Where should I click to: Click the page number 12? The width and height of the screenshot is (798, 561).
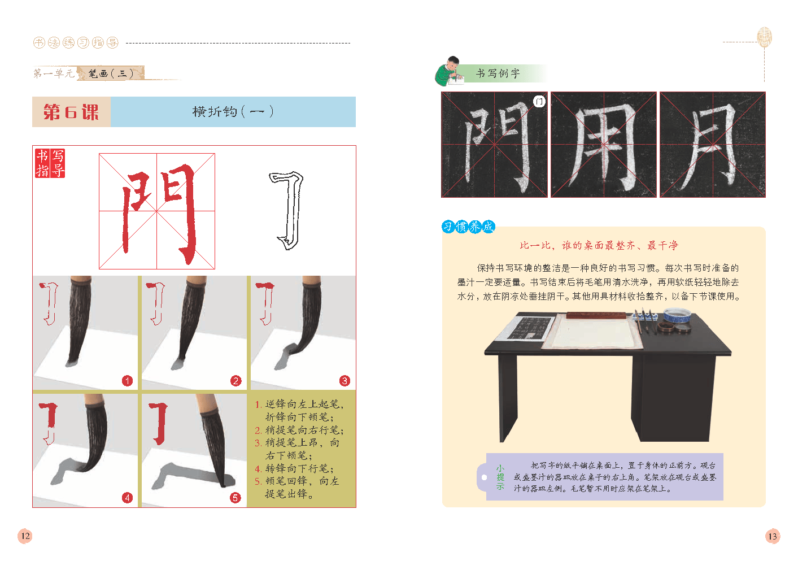point(25,536)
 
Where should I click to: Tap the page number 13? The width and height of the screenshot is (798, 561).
point(773,536)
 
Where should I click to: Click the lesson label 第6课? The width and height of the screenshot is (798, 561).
point(71,112)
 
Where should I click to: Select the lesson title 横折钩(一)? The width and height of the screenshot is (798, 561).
point(233,111)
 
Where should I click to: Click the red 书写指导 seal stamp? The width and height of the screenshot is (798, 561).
point(50,163)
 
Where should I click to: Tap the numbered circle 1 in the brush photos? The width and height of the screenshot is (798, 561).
point(127,381)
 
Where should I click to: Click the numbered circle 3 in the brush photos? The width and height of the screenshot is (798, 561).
point(345,381)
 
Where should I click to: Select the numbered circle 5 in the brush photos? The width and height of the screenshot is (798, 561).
point(235,498)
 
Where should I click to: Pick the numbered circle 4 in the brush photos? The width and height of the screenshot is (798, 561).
point(127,498)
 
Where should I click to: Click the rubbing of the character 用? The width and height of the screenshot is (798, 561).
point(604,145)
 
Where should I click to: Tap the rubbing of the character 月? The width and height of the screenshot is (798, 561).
point(713,145)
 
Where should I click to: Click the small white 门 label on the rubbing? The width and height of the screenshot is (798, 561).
point(539,102)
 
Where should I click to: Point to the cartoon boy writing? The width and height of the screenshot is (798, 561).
point(448,71)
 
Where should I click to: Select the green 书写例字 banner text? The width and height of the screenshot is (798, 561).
point(498,73)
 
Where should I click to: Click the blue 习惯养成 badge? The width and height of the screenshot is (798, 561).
point(468,227)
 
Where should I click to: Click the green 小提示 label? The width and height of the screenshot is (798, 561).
point(500,477)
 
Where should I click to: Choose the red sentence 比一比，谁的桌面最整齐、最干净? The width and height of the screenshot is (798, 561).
point(599,245)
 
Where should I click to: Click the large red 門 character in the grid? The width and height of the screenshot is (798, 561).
point(159,213)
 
